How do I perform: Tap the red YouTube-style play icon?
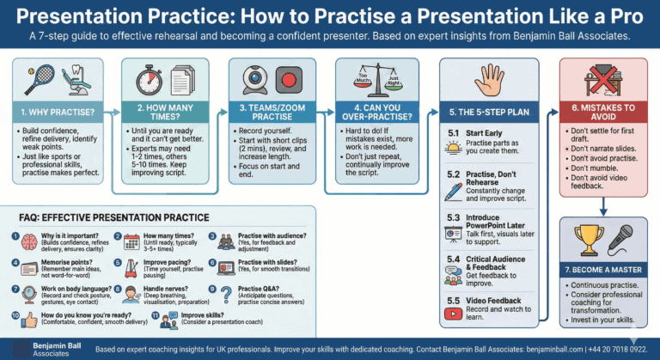pyautogui.click(x=453, y=313)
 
